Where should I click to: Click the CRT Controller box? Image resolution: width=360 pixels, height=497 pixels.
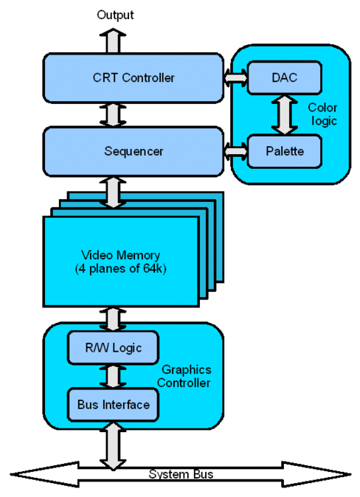point(134,78)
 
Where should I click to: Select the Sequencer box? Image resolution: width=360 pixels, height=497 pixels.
point(134,151)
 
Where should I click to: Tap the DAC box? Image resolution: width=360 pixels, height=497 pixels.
point(285,77)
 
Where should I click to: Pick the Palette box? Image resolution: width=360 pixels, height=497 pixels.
point(285,151)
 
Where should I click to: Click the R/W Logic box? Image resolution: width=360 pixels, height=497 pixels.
point(113,348)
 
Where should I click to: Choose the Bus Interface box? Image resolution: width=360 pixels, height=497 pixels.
point(113,405)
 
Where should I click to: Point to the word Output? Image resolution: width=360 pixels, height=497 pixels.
point(115,15)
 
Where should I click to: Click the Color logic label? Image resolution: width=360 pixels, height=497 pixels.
point(322,114)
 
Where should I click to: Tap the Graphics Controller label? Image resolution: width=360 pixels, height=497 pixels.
point(184,376)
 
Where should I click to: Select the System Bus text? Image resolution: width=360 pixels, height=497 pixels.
point(181,474)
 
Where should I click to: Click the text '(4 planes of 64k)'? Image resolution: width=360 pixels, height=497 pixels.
point(120,269)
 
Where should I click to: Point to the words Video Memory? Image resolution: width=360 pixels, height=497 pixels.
point(120,255)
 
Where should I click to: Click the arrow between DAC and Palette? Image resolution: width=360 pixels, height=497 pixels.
point(285,115)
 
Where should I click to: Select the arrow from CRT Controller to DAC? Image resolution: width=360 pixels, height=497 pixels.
point(235,78)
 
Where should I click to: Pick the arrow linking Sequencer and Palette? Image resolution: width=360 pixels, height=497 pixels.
point(235,151)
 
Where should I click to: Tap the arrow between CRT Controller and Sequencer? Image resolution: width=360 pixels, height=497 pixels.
point(113,115)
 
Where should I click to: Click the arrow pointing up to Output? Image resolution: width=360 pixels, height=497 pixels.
point(113,41)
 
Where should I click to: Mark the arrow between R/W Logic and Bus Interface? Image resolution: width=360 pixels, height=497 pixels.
point(113,376)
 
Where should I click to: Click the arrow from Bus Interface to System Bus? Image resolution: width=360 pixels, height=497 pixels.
point(113,445)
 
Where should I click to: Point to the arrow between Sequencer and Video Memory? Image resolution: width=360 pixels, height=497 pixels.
point(113,192)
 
